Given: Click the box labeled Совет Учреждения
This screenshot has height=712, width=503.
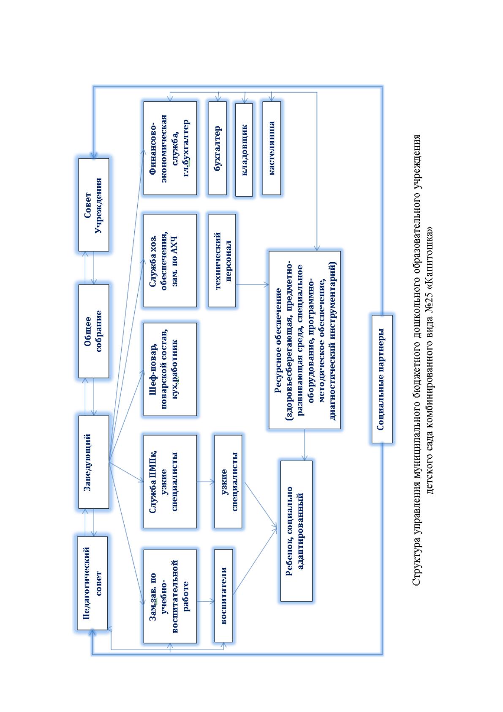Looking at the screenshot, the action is (94, 205).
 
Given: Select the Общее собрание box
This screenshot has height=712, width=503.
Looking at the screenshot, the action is (94, 331).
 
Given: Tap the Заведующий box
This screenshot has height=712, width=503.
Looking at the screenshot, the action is (94, 462).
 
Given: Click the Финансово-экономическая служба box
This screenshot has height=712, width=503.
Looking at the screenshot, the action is (170, 148).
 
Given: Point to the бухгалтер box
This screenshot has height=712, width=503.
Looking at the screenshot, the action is (218, 148).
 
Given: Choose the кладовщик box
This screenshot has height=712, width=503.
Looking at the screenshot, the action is (244, 150).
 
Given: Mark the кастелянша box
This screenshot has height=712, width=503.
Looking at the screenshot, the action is (272, 148).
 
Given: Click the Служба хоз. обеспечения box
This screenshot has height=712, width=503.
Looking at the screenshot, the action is (170, 260).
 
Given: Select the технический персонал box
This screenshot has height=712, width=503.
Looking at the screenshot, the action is (222, 260).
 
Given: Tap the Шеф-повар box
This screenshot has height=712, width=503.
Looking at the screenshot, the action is (170, 370).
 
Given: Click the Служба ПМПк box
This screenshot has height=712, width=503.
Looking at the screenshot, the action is (170, 482).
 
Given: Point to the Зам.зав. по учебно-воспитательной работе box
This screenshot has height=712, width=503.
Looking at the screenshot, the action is (170, 596).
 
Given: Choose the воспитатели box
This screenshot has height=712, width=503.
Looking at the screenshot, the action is (223, 596).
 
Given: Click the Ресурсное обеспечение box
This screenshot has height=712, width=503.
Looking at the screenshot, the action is (305, 340).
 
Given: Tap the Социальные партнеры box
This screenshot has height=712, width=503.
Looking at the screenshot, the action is (382, 379).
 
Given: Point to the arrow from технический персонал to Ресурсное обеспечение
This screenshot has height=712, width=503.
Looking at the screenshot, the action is (252, 285).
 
